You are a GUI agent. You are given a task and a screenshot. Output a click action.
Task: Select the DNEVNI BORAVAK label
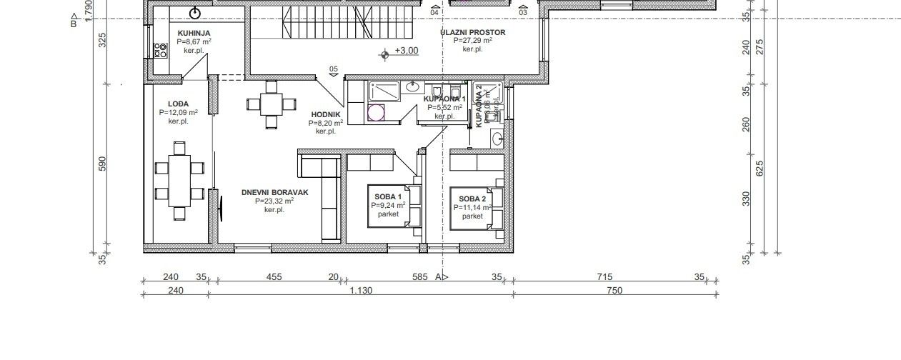click(x=264, y=192)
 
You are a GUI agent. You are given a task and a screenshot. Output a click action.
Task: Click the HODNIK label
click(x=326, y=114)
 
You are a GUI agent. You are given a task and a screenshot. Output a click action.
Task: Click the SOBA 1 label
click(x=388, y=196)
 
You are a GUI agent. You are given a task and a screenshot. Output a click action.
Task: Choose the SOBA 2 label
click(x=472, y=199)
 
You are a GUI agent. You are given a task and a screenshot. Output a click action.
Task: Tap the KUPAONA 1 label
click(x=444, y=99)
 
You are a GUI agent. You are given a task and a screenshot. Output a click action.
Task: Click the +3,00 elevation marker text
click(x=406, y=51)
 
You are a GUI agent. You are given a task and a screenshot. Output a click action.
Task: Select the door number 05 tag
click(x=333, y=69)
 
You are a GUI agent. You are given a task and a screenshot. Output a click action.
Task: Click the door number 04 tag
click(x=434, y=12)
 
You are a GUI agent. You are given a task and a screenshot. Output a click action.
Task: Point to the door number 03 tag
click(x=522, y=12)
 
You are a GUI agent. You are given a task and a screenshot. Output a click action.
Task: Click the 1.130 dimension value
click(x=361, y=291)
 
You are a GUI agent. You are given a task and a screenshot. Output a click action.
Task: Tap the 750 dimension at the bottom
click(x=614, y=291)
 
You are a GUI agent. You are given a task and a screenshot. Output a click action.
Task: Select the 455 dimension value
click(x=274, y=277)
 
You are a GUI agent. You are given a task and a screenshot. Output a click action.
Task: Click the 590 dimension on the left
click(x=102, y=164)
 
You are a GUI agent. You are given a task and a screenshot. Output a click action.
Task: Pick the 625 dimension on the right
click(x=760, y=168)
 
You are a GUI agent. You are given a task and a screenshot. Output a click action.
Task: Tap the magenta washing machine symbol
click(x=376, y=111)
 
